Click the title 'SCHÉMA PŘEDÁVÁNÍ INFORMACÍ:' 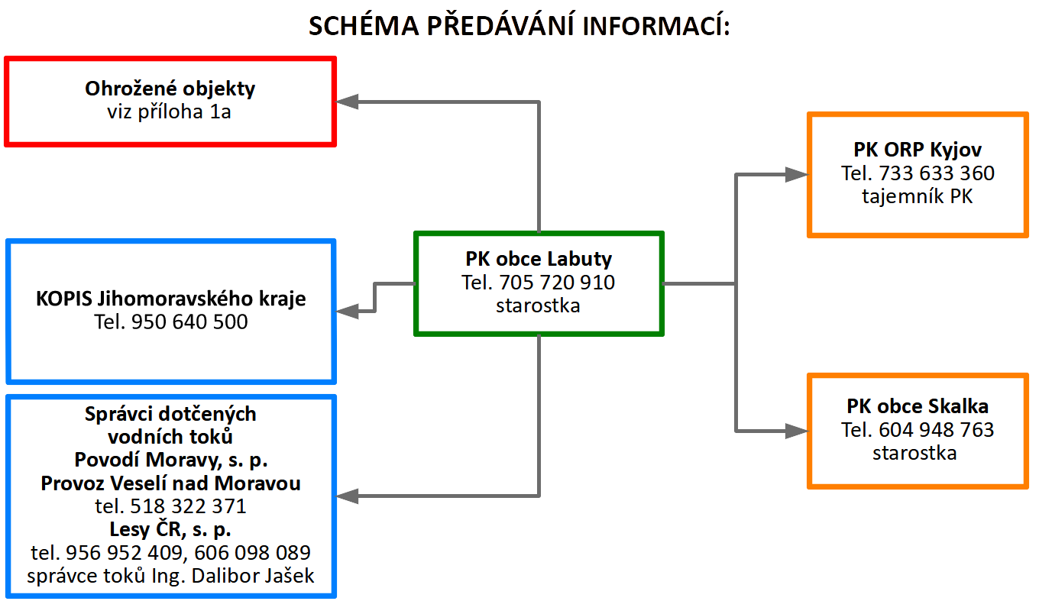[x=519, y=25]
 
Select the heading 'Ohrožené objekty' [x=170, y=89]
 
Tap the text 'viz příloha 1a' [x=170, y=111]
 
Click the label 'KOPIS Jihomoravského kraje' [x=171, y=299]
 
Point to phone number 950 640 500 [x=189, y=322]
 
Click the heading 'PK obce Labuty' [x=539, y=259]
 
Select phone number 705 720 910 [x=557, y=283]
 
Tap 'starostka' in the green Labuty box [x=538, y=306]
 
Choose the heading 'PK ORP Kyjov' [x=918, y=150]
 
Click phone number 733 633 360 [x=937, y=173]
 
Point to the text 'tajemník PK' [x=918, y=196]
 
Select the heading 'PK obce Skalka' [x=918, y=406]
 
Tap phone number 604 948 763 [x=937, y=430]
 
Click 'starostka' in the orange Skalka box [x=914, y=454]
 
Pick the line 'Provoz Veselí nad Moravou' [x=170, y=483]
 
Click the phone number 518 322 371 [x=188, y=506]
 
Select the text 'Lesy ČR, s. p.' [x=170, y=529]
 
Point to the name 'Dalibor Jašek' [x=253, y=576]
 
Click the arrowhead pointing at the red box [x=347, y=102]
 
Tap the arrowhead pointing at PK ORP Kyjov [x=797, y=174]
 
